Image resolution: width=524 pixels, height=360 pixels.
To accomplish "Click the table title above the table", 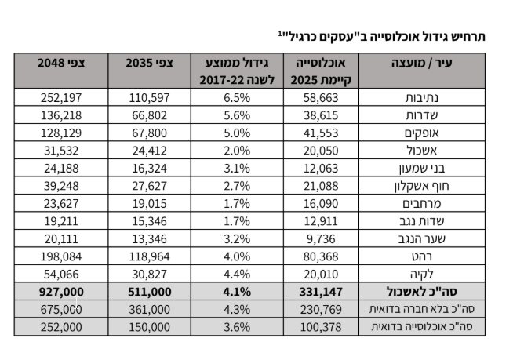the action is point(382,36).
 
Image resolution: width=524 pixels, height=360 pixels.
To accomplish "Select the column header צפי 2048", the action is point(61,63).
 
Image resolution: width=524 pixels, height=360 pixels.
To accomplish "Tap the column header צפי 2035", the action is point(149,63).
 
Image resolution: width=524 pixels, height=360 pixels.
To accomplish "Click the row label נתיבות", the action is point(422,97).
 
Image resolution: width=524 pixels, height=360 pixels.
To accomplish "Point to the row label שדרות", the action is point(422,115).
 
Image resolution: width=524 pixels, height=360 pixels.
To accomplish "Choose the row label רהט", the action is point(422,256).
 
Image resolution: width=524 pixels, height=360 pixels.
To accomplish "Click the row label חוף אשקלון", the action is point(422,186).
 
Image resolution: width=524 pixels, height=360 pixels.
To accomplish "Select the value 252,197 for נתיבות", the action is point(61,97).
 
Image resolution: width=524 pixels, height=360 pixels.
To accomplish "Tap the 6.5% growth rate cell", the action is point(237,97).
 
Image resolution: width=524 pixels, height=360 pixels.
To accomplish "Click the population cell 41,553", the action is point(321,133).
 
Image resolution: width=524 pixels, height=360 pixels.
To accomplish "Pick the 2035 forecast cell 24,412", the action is point(149,151).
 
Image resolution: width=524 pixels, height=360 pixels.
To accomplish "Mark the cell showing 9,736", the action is point(321,239).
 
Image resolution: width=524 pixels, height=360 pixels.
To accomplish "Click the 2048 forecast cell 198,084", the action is point(61,256).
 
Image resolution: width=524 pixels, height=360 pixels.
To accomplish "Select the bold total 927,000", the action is point(61,292).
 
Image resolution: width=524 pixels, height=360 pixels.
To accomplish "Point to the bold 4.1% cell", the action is point(237,292).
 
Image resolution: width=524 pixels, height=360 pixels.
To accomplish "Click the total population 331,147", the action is point(321,292).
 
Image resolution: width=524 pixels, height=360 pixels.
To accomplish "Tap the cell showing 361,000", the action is point(149,310).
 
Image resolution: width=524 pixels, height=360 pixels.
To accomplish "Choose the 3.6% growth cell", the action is point(237,327).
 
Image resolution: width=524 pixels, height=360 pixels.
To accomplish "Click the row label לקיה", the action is point(422,274).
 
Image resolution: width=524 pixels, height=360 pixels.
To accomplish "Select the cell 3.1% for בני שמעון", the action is point(237,168).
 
